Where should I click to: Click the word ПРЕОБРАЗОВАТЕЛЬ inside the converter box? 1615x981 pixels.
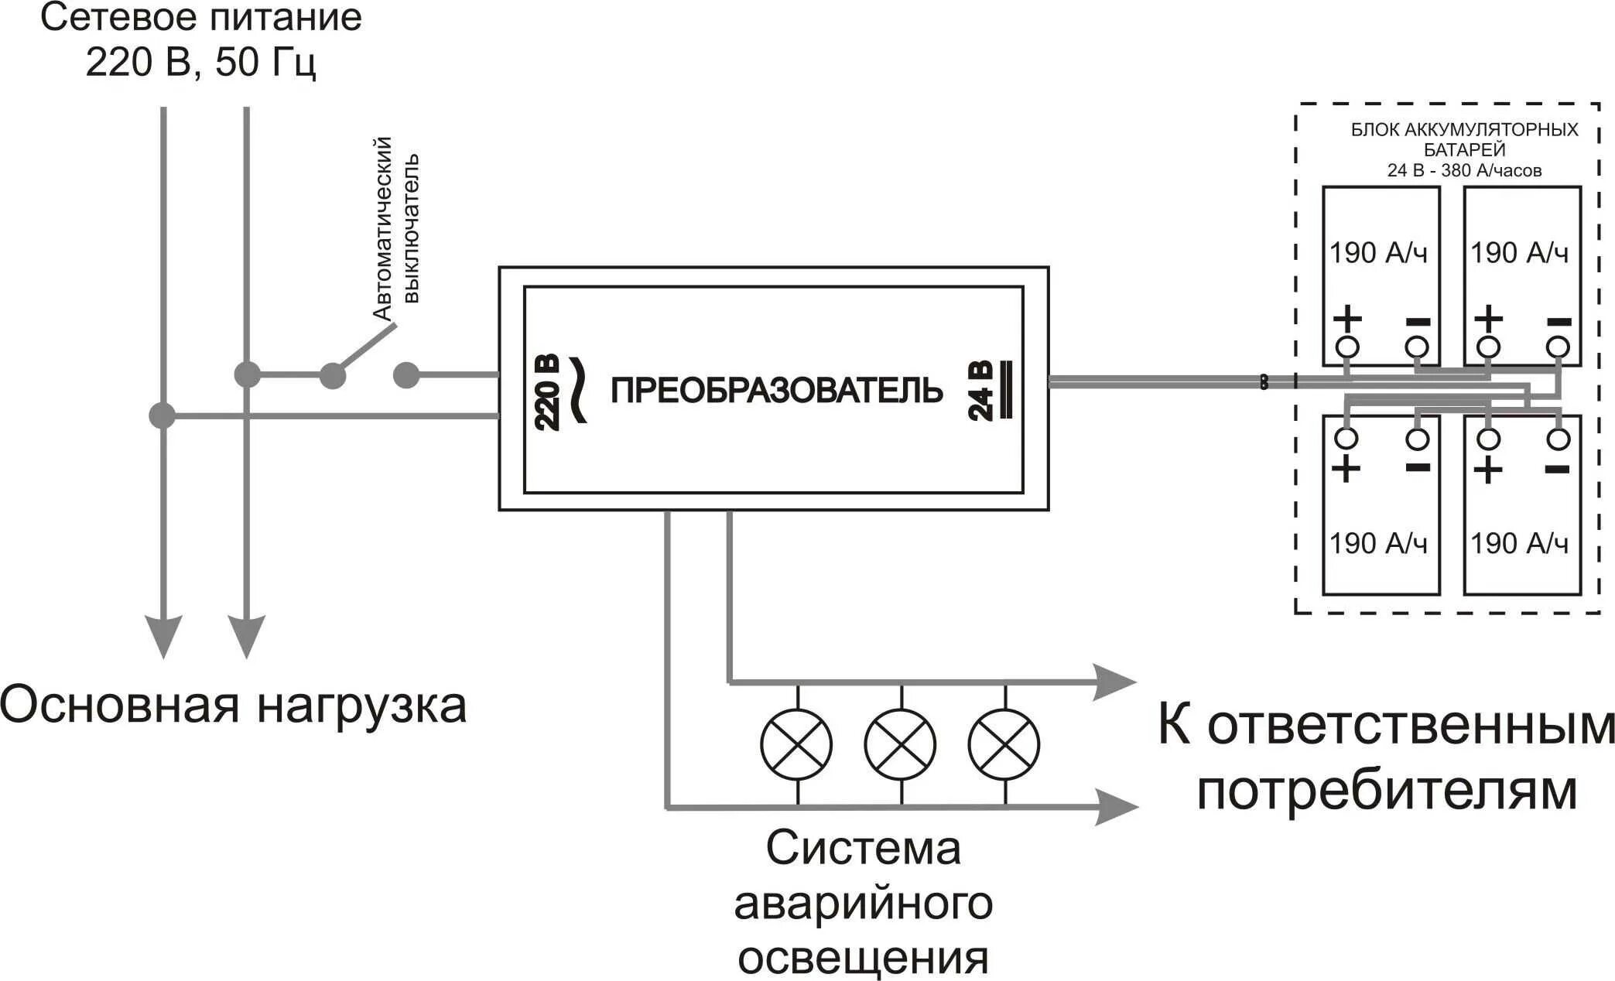(776, 391)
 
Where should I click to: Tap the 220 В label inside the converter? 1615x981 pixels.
(547, 393)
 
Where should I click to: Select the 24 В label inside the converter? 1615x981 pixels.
(980, 391)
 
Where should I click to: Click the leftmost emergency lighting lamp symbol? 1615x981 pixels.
(796, 744)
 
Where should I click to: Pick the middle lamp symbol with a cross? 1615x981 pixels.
(900, 744)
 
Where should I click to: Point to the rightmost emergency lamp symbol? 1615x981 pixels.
(1004, 744)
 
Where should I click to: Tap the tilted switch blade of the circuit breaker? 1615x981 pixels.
(364, 350)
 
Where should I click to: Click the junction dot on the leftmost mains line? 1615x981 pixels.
(162, 415)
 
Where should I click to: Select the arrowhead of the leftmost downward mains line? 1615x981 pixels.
(163, 636)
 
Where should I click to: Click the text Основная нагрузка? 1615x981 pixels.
(232, 706)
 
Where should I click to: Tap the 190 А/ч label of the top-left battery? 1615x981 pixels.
(1378, 253)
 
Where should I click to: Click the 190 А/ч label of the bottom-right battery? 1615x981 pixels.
(1519, 543)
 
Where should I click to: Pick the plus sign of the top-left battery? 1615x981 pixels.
(1346, 318)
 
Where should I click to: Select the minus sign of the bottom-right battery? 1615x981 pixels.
(1557, 469)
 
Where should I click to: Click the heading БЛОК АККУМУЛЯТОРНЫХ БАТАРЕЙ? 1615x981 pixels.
(1464, 139)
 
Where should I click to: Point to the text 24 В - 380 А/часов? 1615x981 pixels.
(1464, 170)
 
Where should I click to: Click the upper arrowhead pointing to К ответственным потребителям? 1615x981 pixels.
(1114, 682)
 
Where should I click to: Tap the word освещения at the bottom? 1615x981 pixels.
(863, 958)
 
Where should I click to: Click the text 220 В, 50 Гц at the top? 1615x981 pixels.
(200, 62)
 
